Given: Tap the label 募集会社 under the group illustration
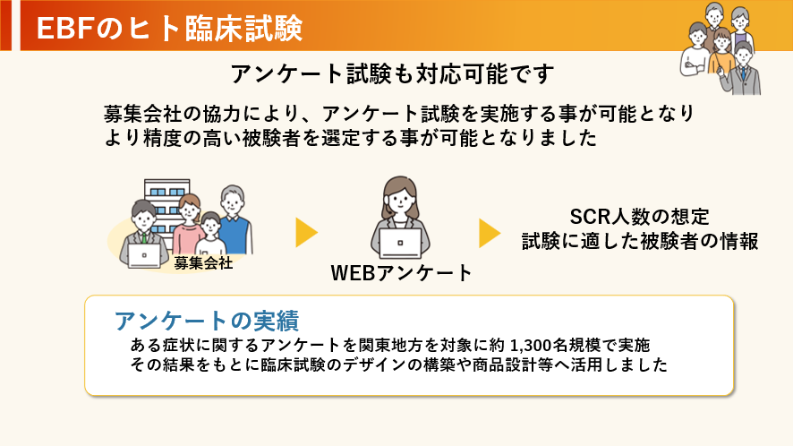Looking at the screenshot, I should point(203,262).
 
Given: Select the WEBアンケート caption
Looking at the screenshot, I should point(401,272).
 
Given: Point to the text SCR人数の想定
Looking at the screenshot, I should point(639,217).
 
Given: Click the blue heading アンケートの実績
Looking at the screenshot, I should point(206,321).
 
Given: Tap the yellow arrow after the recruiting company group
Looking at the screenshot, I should point(307,233).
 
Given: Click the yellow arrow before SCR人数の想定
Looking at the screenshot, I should point(489,233).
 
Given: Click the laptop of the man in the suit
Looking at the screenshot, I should point(144,254).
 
